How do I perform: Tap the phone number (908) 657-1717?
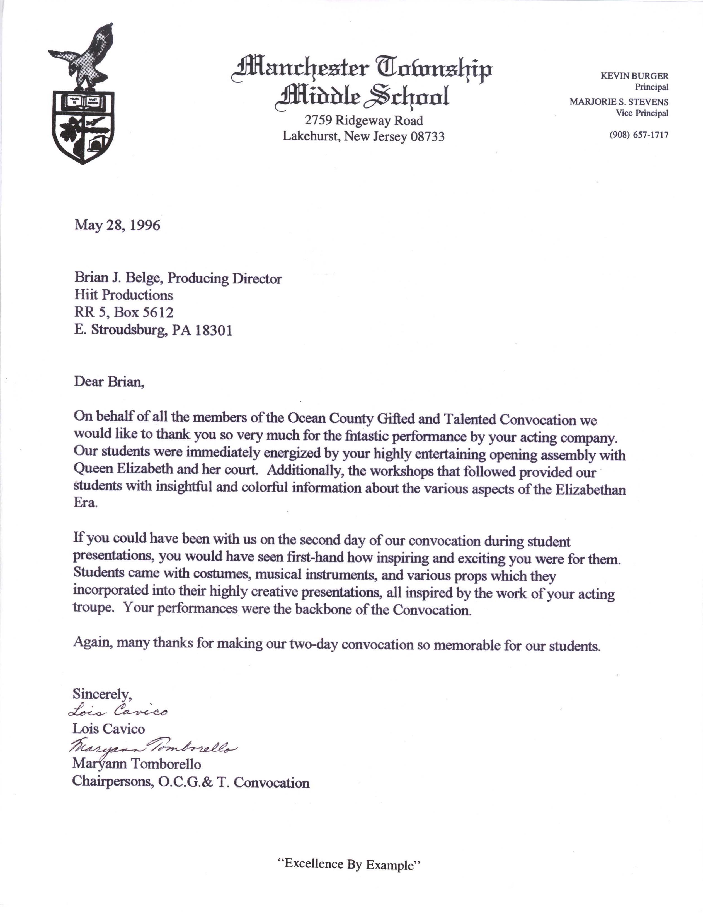click(639, 135)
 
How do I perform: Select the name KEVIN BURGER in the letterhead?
click(634, 76)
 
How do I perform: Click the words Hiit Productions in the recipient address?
click(123, 295)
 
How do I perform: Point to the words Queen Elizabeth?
click(123, 468)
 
